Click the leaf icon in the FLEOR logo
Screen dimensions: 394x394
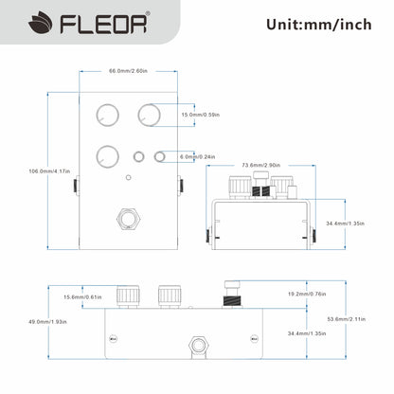(x=20, y=24)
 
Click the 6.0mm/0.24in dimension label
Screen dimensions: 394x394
(x=198, y=156)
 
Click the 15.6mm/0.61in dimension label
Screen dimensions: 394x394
(x=83, y=297)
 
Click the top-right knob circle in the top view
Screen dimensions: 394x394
(x=149, y=115)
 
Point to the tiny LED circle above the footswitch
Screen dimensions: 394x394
(x=128, y=177)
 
